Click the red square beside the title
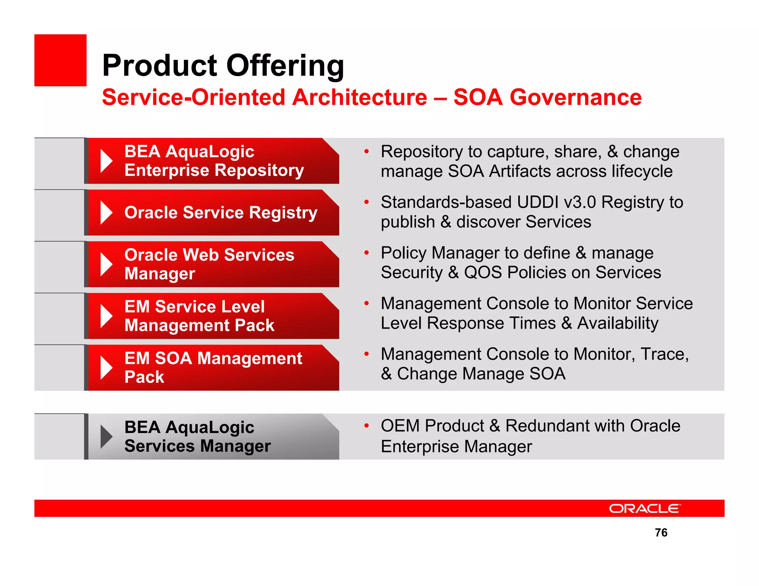[60, 60]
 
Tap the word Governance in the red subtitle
[575, 97]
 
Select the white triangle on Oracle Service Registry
[106, 213]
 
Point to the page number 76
[661, 532]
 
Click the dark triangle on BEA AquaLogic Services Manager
[106, 437]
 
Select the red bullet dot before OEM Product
[367, 426]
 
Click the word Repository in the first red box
[259, 170]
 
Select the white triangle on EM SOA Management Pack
[106, 368]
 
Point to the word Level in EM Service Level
[242, 307]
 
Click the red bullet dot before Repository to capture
[367, 151]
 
